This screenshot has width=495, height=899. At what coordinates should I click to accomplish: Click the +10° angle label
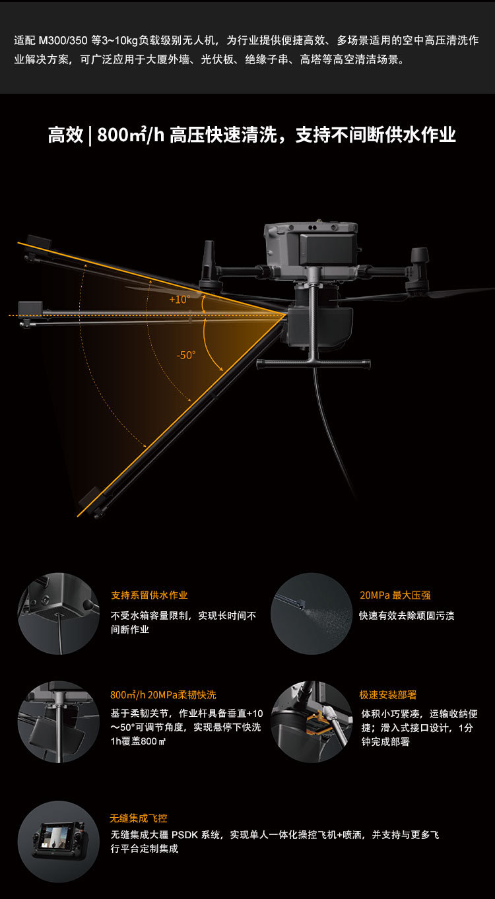(179, 299)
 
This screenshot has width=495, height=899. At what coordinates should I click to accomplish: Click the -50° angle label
(186, 355)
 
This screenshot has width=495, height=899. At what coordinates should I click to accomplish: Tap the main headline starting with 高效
(251, 135)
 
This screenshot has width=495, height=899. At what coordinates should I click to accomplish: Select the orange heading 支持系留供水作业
(149, 595)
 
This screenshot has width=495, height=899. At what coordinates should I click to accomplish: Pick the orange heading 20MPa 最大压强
(395, 595)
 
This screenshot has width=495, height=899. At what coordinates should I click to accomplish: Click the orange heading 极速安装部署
(387, 694)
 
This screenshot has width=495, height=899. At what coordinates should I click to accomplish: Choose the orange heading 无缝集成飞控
(138, 818)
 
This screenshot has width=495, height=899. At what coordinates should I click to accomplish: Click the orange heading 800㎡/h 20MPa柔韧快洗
(162, 694)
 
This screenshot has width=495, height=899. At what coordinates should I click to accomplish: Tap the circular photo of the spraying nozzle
(311, 613)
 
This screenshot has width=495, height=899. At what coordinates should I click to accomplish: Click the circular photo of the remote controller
(58, 841)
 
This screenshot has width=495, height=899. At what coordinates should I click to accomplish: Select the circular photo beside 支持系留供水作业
(58, 613)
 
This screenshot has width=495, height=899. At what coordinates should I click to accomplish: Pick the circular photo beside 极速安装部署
(311, 721)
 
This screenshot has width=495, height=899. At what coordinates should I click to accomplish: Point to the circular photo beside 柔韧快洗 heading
(58, 721)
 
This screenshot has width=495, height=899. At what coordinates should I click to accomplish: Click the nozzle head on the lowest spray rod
(90, 502)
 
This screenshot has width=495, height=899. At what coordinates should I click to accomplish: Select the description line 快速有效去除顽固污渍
(407, 615)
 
